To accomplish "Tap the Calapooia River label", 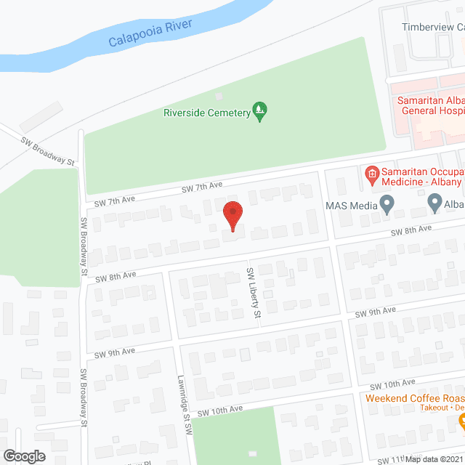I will [x=150, y=33].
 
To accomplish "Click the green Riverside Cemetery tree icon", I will [x=259, y=111].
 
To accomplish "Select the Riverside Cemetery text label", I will [x=206, y=113].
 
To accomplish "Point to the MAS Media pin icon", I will [x=387, y=204].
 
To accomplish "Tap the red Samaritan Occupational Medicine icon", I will [x=371, y=174].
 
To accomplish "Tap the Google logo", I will [x=23, y=456].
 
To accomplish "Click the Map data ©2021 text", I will [x=434, y=459].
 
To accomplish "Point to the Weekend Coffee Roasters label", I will [x=414, y=398].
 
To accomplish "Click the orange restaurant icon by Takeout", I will [x=461, y=419].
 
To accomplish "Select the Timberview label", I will [x=433, y=27].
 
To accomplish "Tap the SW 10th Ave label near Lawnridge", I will [x=219, y=411].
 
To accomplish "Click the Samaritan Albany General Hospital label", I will [x=429, y=105].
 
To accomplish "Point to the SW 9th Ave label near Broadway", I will [x=115, y=352].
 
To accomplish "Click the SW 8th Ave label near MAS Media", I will [x=411, y=230].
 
